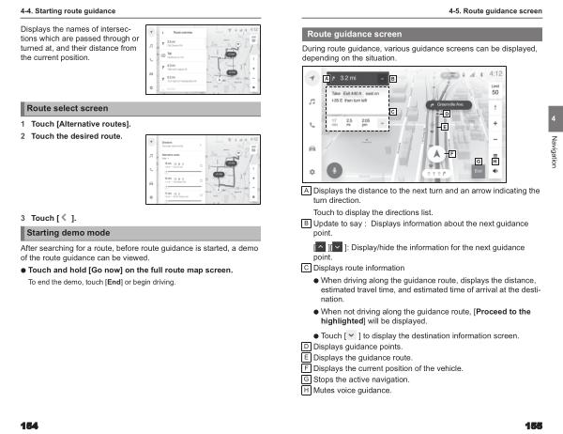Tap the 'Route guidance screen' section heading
[x=353, y=34]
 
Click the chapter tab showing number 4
[x=555, y=120]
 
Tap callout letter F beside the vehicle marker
[x=452, y=153]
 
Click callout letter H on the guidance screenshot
[x=495, y=162]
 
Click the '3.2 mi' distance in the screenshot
[x=348, y=76]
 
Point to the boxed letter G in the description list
[x=306, y=379]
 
